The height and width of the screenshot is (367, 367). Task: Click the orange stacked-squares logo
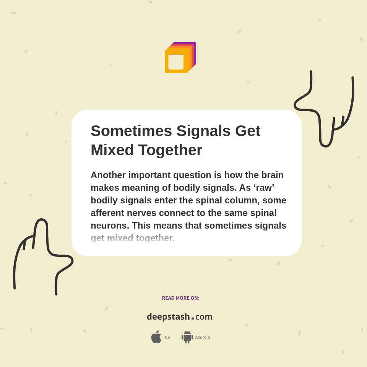tap(180, 57)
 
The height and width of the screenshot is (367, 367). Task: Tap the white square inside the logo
tap(176, 62)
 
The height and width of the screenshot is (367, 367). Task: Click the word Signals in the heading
tap(203, 131)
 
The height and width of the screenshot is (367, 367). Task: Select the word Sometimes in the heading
tap(131, 131)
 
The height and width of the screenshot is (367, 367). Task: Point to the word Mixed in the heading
tap(112, 150)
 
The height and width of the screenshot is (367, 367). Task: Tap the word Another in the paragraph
tap(108, 175)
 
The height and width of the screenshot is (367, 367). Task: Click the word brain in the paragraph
tap(272, 175)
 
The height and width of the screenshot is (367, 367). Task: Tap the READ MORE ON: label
tap(180, 298)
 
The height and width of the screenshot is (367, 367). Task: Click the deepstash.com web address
tap(180, 317)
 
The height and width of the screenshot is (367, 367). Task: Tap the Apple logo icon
tap(156, 337)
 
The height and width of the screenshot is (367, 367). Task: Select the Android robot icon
tap(187, 337)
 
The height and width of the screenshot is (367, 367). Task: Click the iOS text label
tap(167, 338)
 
